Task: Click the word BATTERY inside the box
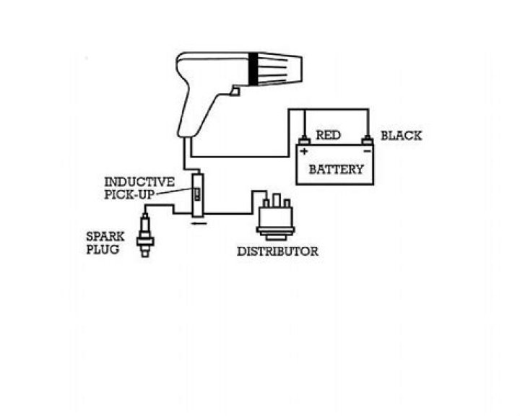pyautogui.click(x=337, y=169)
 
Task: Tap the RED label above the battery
pyautogui.click(x=328, y=135)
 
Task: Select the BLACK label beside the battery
pyautogui.click(x=401, y=135)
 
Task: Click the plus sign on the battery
pyautogui.click(x=304, y=152)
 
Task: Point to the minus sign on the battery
pyautogui.click(x=367, y=151)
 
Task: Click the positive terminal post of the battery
pyautogui.click(x=304, y=140)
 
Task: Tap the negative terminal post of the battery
pyautogui.click(x=367, y=140)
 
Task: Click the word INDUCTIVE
pyautogui.click(x=139, y=182)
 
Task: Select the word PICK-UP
pyautogui.click(x=130, y=194)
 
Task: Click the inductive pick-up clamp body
pyautogui.click(x=199, y=195)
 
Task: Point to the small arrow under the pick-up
pyautogui.click(x=199, y=223)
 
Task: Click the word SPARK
pyautogui.click(x=105, y=237)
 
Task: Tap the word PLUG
pyautogui.click(x=103, y=249)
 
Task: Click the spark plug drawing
pyautogui.click(x=145, y=235)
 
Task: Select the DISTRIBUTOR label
pyautogui.click(x=277, y=251)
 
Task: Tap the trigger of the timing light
pyautogui.click(x=235, y=90)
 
